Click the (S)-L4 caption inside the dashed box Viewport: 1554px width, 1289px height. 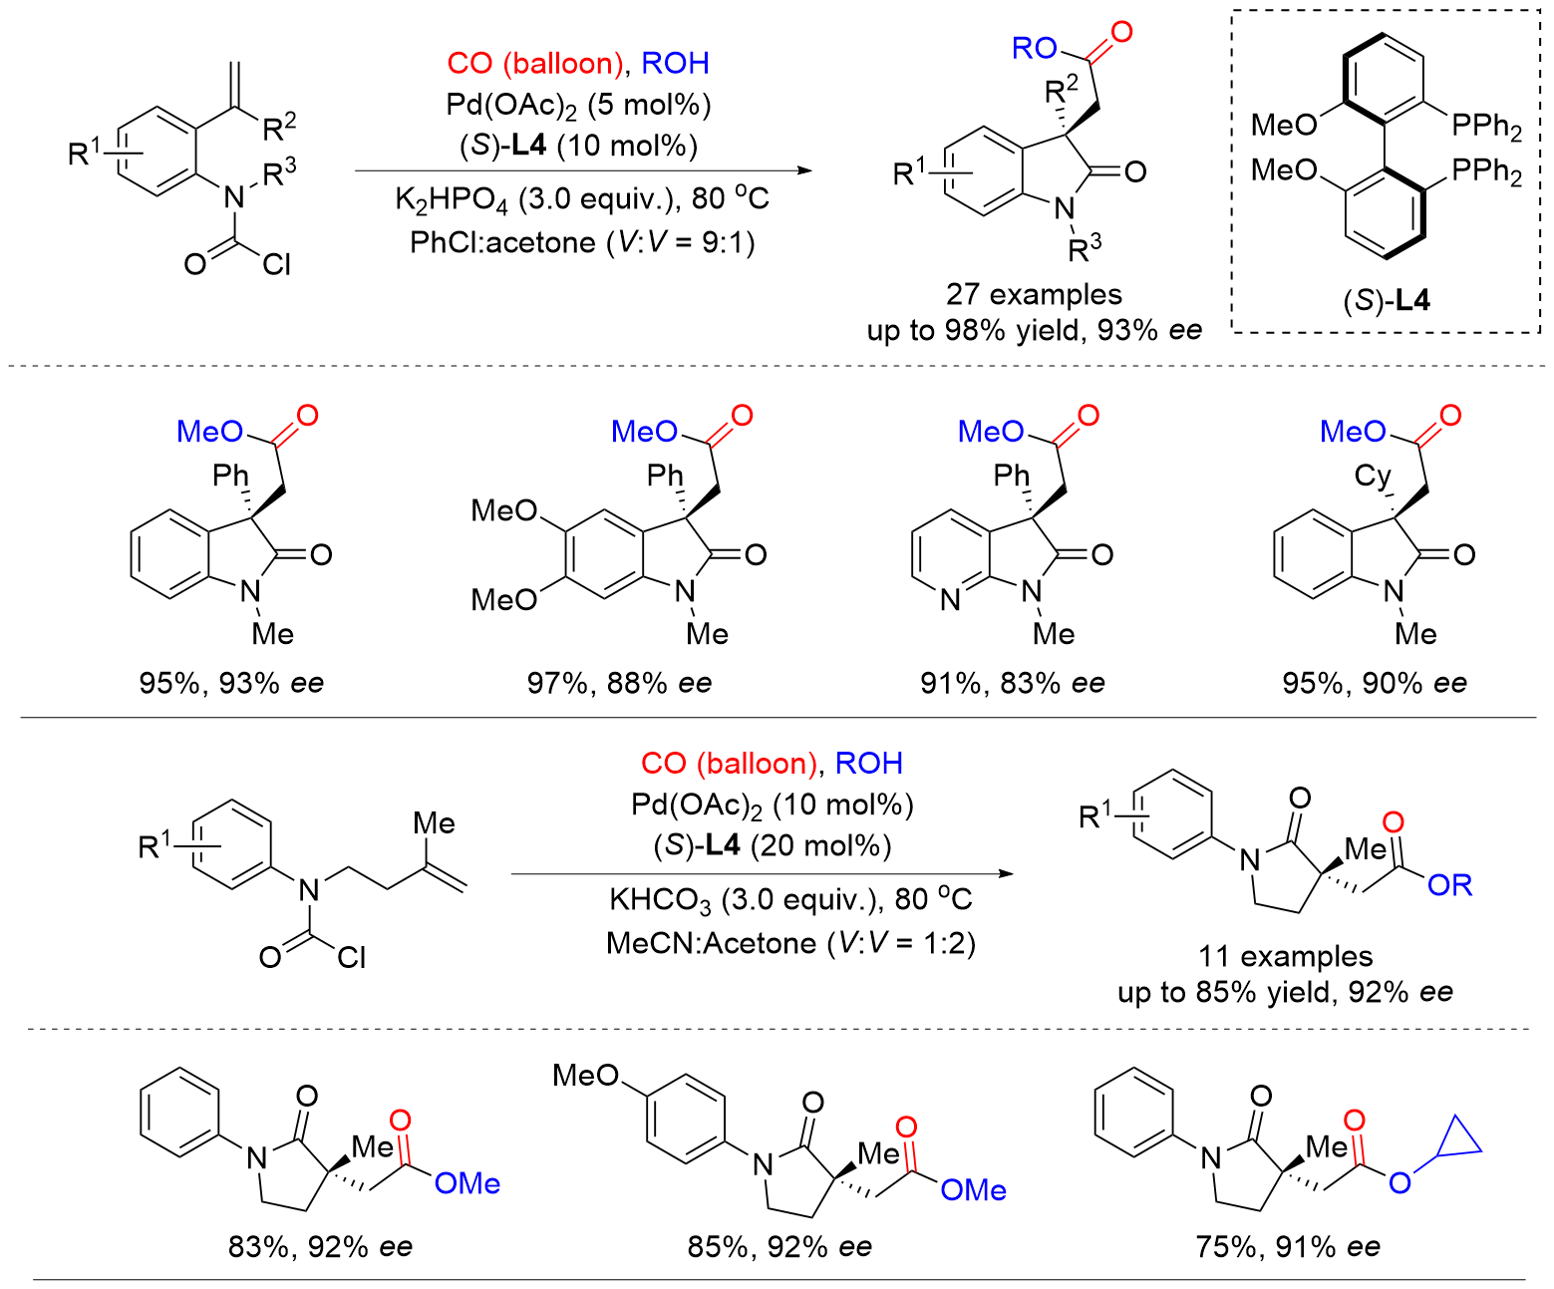[1386, 300]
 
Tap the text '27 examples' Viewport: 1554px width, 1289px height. [1034, 294]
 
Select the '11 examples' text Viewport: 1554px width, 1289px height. [1285, 956]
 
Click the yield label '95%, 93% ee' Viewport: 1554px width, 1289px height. [231, 683]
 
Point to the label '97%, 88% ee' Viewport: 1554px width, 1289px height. [619, 683]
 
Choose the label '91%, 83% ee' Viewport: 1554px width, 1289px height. [1013, 683]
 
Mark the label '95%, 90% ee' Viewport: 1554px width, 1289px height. [1375, 683]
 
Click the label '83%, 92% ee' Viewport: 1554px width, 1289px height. [320, 1246]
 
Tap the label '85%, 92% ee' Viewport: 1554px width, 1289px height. [779, 1246]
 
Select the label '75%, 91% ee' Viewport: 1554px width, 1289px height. [1288, 1246]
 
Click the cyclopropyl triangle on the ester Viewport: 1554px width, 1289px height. [1459, 1139]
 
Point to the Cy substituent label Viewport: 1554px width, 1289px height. [1373, 476]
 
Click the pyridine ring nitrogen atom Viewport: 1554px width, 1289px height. [949, 600]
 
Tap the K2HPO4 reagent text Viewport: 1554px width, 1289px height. [451, 199]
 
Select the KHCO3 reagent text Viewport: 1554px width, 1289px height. [660, 900]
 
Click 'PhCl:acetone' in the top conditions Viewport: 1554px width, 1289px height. [502, 242]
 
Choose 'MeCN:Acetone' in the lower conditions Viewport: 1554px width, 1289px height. [711, 943]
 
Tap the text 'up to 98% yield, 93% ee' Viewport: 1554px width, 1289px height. [1034, 330]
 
